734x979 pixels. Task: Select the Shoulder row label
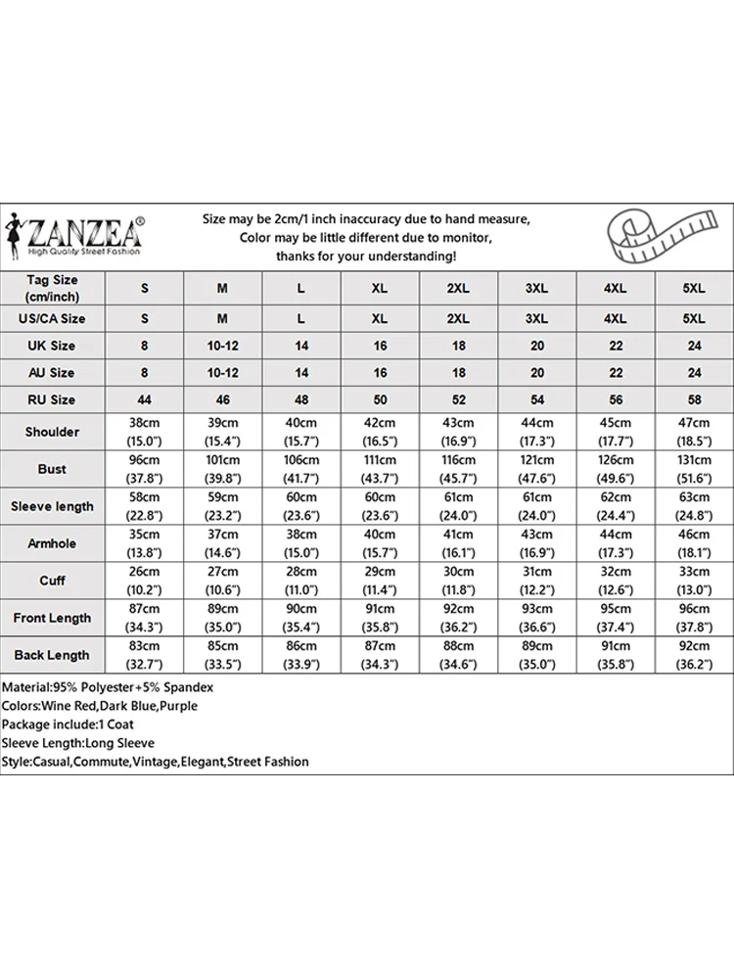click(x=53, y=432)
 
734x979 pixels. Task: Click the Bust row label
click(x=53, y=469)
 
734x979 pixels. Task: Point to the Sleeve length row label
click(x=53, y=506)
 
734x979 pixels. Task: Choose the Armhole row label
click(x=53, y=543)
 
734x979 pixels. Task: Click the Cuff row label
click(x=53, y=581)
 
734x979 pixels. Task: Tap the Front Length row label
click(x=53, y=618)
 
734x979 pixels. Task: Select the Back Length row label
click(x=53, y=655)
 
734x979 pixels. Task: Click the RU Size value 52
click(x=458, y=399)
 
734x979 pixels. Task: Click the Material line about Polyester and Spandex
click(x=108, y=687)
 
